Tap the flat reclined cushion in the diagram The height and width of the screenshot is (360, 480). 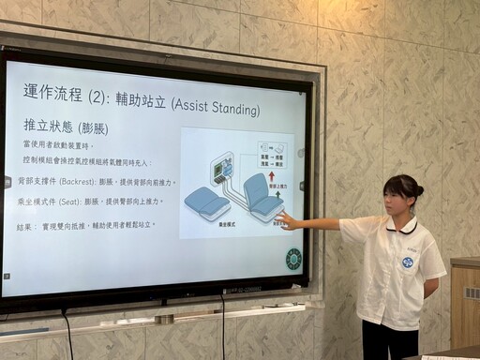click(x=206, y=201)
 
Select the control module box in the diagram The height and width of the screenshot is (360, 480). click(x=223, y=169)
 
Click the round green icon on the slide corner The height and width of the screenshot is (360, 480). click(x=293, y=259)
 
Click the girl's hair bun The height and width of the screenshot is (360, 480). click(x=418, y=190)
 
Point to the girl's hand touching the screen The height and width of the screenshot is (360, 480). click(x=283, y=220)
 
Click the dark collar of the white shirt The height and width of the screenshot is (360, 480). click(x=401, y=227)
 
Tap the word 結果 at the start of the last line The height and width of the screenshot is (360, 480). click(x=25, y=227)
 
